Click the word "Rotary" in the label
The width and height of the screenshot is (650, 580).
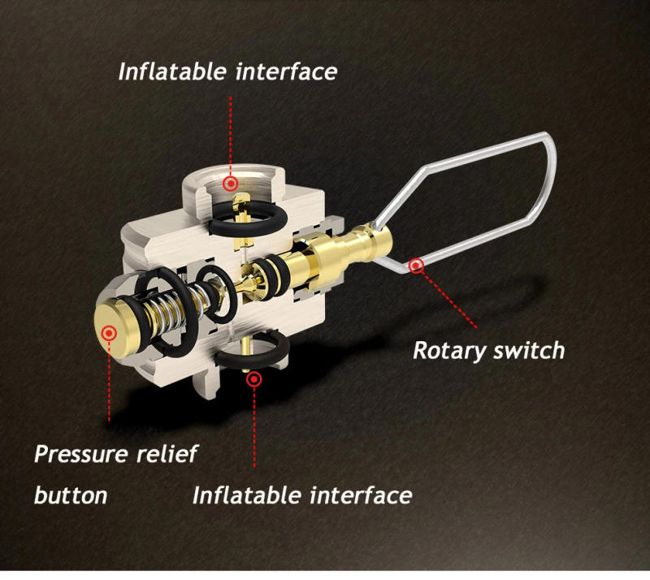pos(448,351)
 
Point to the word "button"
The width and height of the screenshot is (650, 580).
pos(71,495)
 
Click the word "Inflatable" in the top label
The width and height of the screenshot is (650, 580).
pos(172,71)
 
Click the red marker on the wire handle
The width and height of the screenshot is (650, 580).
pos(416,266)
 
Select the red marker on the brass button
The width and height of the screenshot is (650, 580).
pos(109,332)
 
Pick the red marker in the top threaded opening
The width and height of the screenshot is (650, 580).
pos(230,183)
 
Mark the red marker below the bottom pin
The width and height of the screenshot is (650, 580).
pos(254,379)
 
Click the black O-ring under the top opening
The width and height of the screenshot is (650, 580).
pos(249,224)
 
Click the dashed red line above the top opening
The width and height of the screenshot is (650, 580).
pos(230,136)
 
